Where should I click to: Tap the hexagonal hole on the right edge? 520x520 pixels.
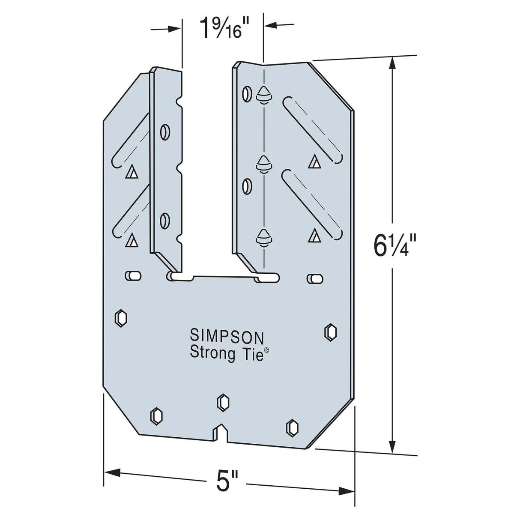[331, 332]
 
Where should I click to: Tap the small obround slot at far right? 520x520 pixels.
[314, 278]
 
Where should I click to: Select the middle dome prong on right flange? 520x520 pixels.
[263, 164]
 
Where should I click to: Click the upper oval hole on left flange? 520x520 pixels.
[164, 131]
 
